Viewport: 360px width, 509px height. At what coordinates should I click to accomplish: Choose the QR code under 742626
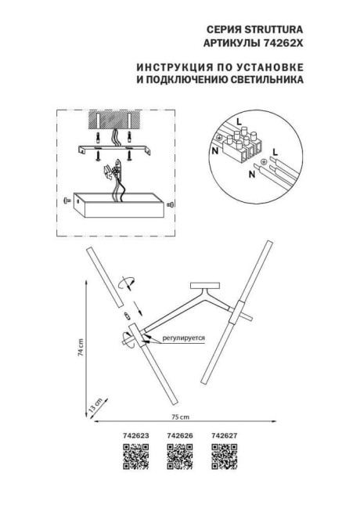point(179,453)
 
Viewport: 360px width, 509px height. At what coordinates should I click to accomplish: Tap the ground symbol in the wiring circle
point(263,163)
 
